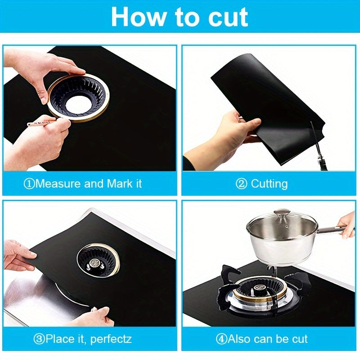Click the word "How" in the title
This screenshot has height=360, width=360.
139,17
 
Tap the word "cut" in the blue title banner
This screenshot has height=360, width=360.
228,18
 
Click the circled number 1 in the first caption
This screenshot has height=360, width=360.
29,184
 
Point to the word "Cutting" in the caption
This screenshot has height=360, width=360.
269,184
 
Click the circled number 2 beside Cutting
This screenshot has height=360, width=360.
242,184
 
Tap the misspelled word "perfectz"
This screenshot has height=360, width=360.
111,339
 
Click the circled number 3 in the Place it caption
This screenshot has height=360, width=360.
39,339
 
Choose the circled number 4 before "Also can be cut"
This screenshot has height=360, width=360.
221,339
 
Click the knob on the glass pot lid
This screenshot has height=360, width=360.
282,213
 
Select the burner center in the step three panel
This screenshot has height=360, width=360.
94,263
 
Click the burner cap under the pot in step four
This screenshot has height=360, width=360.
260,288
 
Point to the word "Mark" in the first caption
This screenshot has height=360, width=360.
120,184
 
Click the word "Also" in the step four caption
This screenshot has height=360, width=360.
239,339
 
